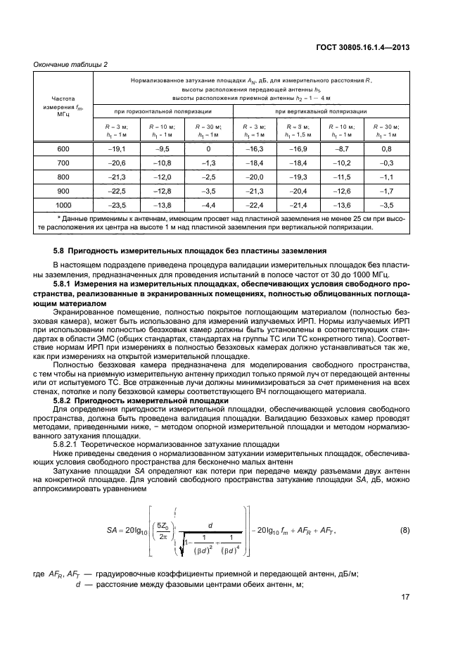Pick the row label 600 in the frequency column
tap(63, 149)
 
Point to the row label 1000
tap(63, 205)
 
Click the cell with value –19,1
tap(117, 149)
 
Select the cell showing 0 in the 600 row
tap(208, 149)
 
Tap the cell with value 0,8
tap(386, 149)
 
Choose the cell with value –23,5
tap(117, 205)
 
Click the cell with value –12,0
tap(163, 177)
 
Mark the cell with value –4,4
tap(208, 205)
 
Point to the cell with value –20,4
tap(298, 191)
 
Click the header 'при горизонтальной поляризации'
tap(163, 111)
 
